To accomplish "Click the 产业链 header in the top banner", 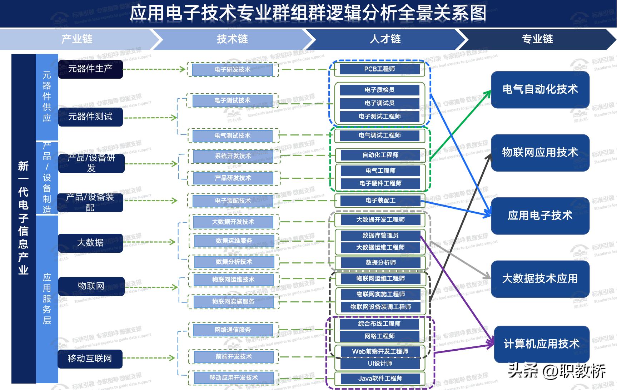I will tap(77, 39).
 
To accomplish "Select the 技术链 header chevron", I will tap(232, 39).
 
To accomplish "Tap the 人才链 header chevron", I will tap(385, 39).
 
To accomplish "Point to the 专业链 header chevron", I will tap(537, 39).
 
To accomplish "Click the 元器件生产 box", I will tap(90, 69).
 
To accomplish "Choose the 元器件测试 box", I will tap(90, 117).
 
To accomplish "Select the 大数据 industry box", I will tap(90, 243).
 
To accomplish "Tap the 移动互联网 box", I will tap(90, 359).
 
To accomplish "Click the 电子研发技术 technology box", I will tap(233, 70).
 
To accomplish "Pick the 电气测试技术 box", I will tap(233, 136).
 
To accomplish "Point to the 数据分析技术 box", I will tap(234, 262).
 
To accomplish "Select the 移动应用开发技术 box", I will tap(234, 378).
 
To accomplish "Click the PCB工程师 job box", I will tap(379, 69).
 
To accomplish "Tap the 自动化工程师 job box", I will tap(380, 155).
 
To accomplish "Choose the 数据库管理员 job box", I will tap(380, 236).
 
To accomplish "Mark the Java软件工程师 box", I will tap(380, 379).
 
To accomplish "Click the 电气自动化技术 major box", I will tap(540, 89).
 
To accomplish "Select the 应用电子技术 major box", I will tap(540, 216).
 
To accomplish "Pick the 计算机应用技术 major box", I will tap(541, 344).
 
